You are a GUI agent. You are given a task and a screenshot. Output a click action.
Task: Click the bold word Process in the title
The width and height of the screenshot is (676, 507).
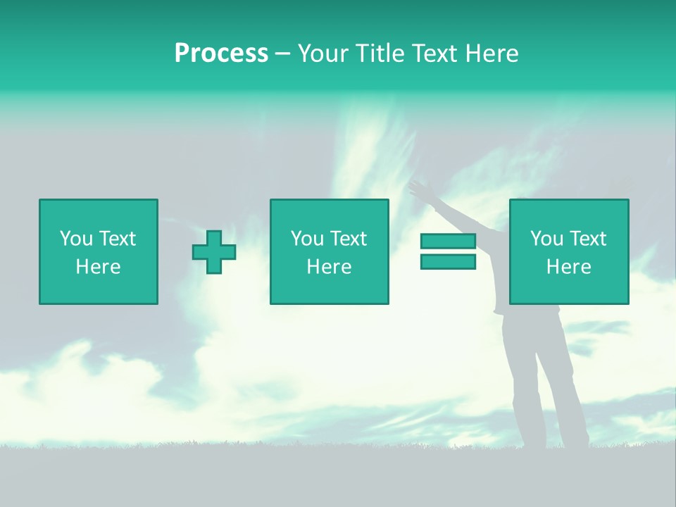coord(221,54)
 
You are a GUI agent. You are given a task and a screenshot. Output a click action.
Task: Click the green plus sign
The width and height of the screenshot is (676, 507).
coord(214,252)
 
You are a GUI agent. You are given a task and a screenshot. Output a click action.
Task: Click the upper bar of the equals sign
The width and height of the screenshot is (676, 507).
coord(448,242)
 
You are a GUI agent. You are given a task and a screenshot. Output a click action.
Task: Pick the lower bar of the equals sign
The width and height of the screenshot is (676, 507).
coord(448,262)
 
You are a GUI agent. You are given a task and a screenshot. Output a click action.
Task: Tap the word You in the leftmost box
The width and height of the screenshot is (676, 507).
coord(75,239)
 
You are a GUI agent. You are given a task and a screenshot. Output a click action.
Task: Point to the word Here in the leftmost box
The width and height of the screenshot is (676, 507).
coord(98,267)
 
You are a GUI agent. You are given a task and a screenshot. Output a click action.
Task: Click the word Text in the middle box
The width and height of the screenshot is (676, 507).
coord(348,239)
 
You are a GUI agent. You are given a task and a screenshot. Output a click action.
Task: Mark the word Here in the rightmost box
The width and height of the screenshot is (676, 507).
coord(568,267)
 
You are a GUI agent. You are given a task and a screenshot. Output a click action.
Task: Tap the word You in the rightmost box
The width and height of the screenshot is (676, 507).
coord(546,239)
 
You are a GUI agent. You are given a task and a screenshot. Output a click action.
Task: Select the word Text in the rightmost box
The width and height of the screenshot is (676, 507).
coord(587,239)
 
